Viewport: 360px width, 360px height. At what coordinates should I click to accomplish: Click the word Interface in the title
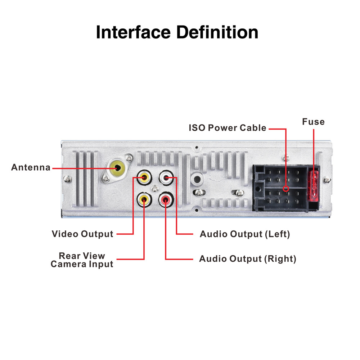coord(133,32)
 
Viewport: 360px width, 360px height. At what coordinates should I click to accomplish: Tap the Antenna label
coord(31,167)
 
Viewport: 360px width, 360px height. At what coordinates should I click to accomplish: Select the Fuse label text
coord(313,122)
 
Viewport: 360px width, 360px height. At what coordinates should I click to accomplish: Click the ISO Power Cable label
coord(228,128)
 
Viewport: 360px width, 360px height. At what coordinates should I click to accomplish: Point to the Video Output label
coord(82,234)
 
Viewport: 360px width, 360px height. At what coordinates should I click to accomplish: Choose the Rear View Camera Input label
coord(82,260)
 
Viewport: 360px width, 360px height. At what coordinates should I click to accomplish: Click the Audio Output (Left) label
coord(245,234)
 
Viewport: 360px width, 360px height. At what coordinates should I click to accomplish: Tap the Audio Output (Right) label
coord(248,259)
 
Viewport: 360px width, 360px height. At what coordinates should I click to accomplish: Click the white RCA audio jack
coord(166,177)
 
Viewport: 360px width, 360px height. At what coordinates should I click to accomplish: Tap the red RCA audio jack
coord(166,199)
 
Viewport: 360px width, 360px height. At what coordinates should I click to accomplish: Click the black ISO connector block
coord(281,187)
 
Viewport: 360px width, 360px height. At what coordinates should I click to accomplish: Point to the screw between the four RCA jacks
coord(155,188)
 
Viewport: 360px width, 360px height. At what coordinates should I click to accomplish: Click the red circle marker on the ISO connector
coord(286,188)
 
